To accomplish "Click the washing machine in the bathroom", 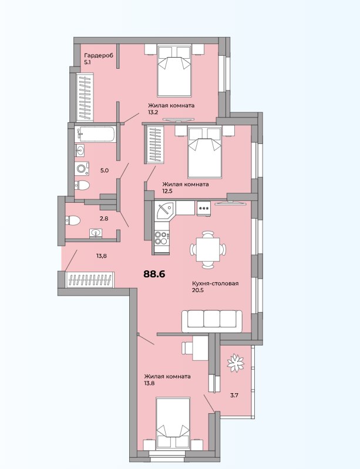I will (x=82, y=169).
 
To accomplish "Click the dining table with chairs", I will (x=207, y=249).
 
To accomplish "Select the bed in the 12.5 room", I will (x=204, y=153).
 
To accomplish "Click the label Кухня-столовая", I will (x=218, y=284).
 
